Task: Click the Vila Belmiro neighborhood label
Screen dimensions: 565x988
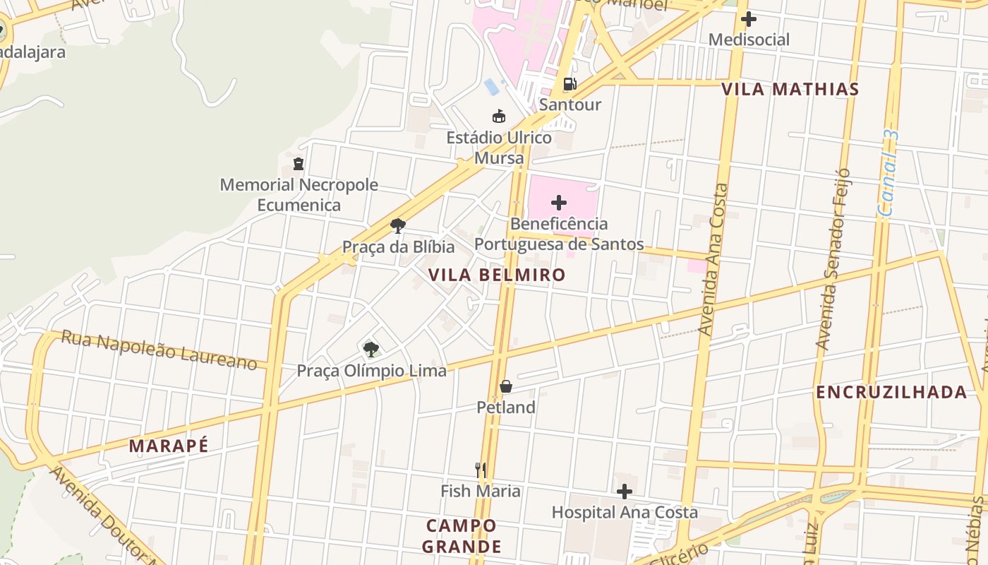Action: [x=497, y=275]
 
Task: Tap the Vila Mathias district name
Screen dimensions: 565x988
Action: [x=790, y=89]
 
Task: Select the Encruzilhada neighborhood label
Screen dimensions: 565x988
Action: [x=891, y=392]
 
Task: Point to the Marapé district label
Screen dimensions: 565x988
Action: [x=169, y=446]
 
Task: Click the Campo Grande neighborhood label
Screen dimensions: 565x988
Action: [x=462, y=536]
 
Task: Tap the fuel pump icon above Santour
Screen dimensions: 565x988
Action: [x=570, y=84]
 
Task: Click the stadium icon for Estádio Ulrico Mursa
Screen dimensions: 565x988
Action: [x=499, y=117]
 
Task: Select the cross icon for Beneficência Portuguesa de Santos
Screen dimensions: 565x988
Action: [x=559, y=203]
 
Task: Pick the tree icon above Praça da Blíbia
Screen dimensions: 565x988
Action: [x=398, y=226]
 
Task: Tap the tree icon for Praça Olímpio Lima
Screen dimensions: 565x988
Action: [x=371, y=349]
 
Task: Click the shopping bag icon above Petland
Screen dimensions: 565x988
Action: [x=506, y=386]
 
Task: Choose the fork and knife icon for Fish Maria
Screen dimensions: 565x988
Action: [x=481, y=470]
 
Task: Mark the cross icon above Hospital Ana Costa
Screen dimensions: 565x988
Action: [x=625, y=492]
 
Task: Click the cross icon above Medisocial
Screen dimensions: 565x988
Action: [x=749, y=19]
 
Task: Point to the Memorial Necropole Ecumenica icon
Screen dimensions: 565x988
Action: [x=299, y=164]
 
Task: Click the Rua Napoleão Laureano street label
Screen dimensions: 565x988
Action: [x=159, y=350]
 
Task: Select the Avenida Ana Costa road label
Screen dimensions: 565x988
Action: [x=713, y=259]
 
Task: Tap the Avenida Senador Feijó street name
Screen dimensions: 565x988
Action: [x=832, y=259]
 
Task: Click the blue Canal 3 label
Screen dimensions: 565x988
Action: [x=888, y=173]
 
